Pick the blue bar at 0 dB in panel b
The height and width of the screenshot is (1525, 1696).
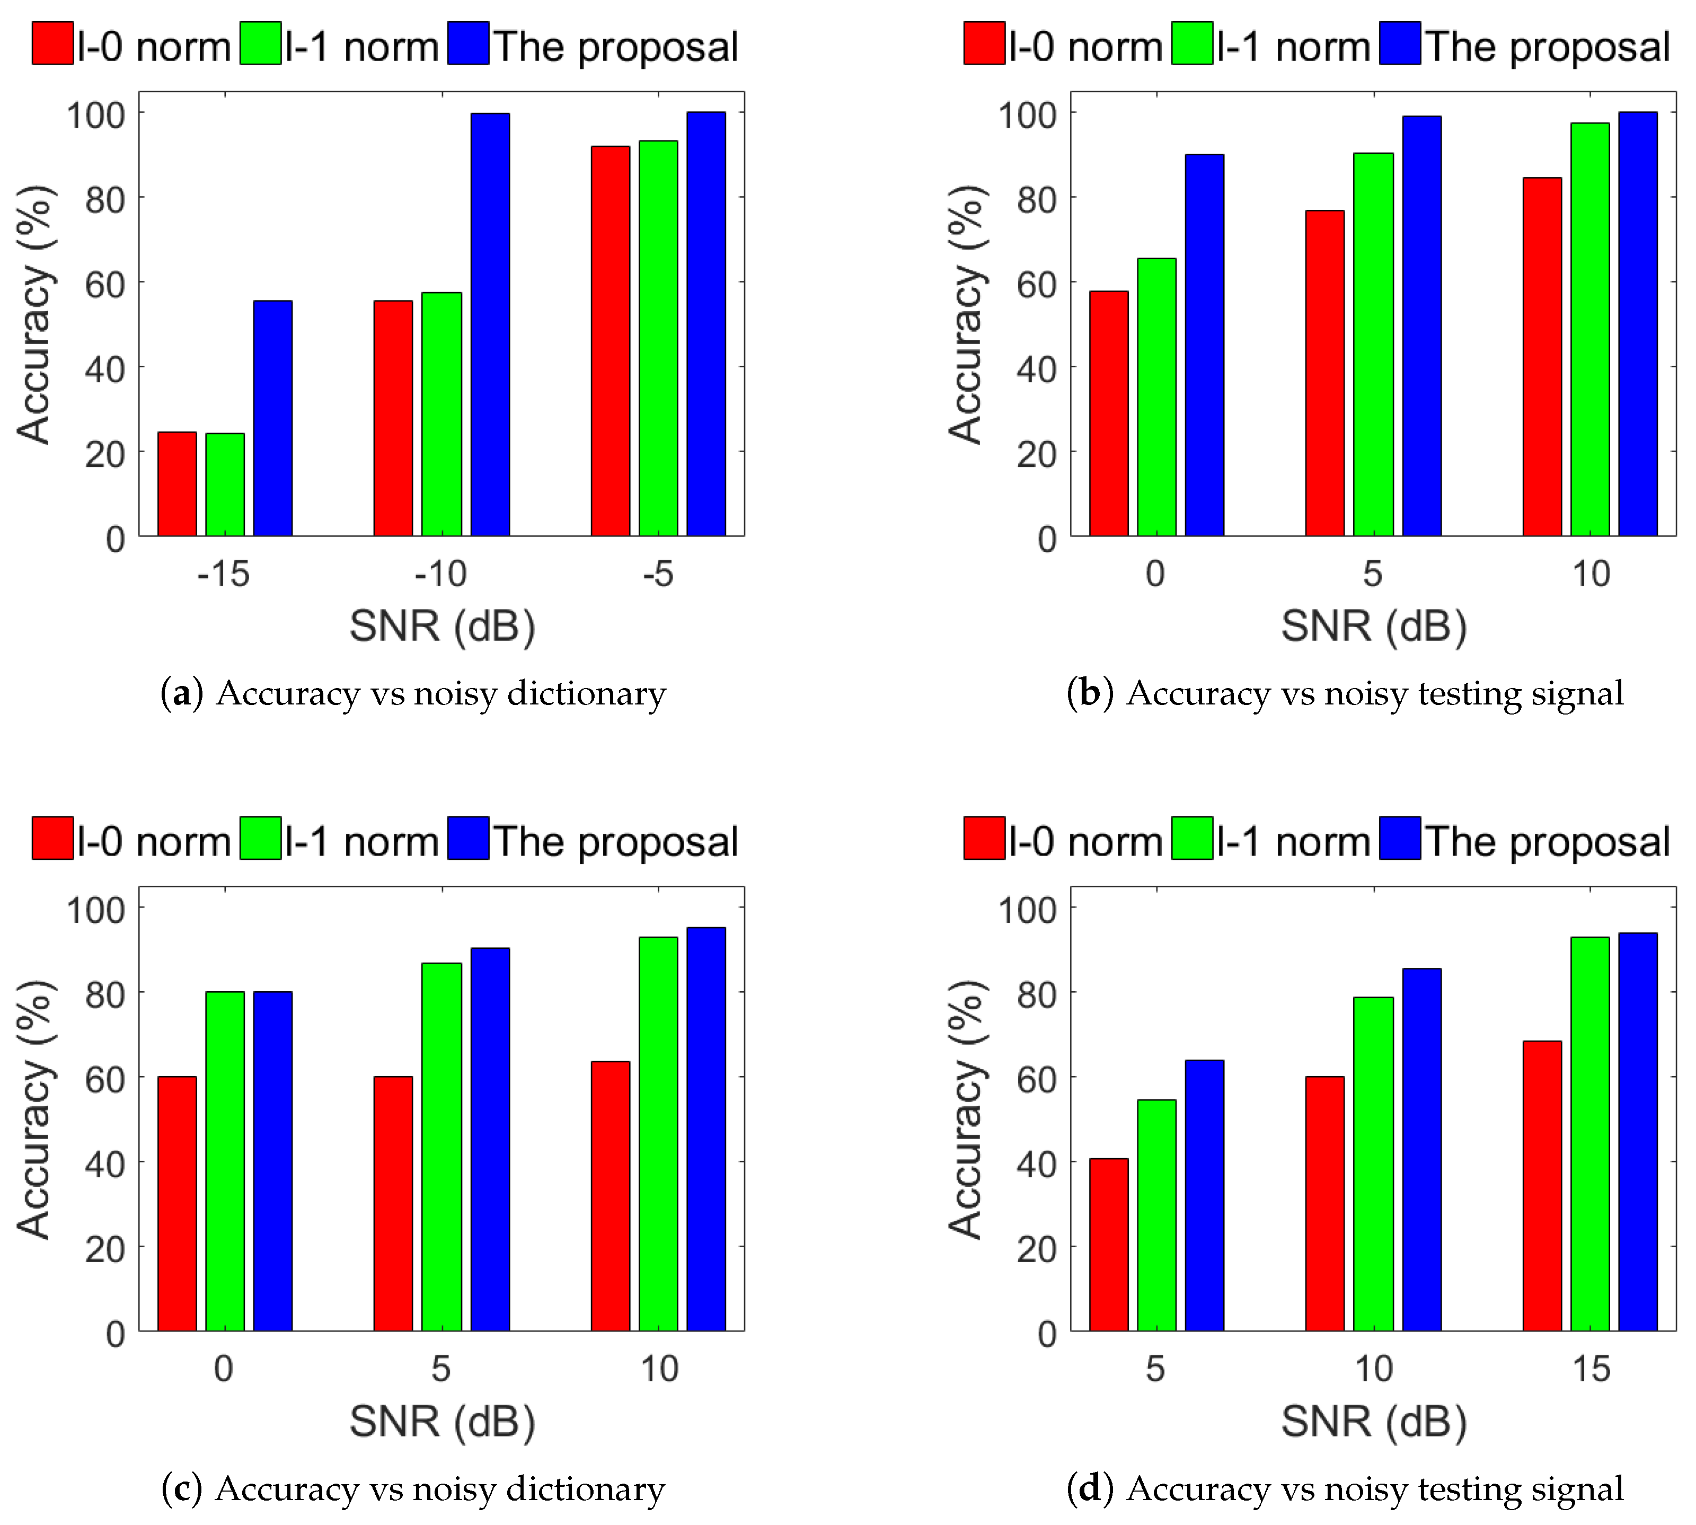tap(1204, 345)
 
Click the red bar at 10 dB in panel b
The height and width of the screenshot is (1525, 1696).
tap(1542, 356)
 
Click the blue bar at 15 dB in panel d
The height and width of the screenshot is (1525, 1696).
tap(1637, 1131)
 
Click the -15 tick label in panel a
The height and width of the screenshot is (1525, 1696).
tap(223, 575)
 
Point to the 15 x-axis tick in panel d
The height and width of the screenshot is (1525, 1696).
tap(1591, 1369)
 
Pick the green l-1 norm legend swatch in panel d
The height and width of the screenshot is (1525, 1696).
tap(1191, 839)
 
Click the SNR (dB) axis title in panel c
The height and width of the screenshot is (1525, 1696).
tap(441, 1422)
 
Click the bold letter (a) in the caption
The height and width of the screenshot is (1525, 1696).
tap(182, 694)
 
